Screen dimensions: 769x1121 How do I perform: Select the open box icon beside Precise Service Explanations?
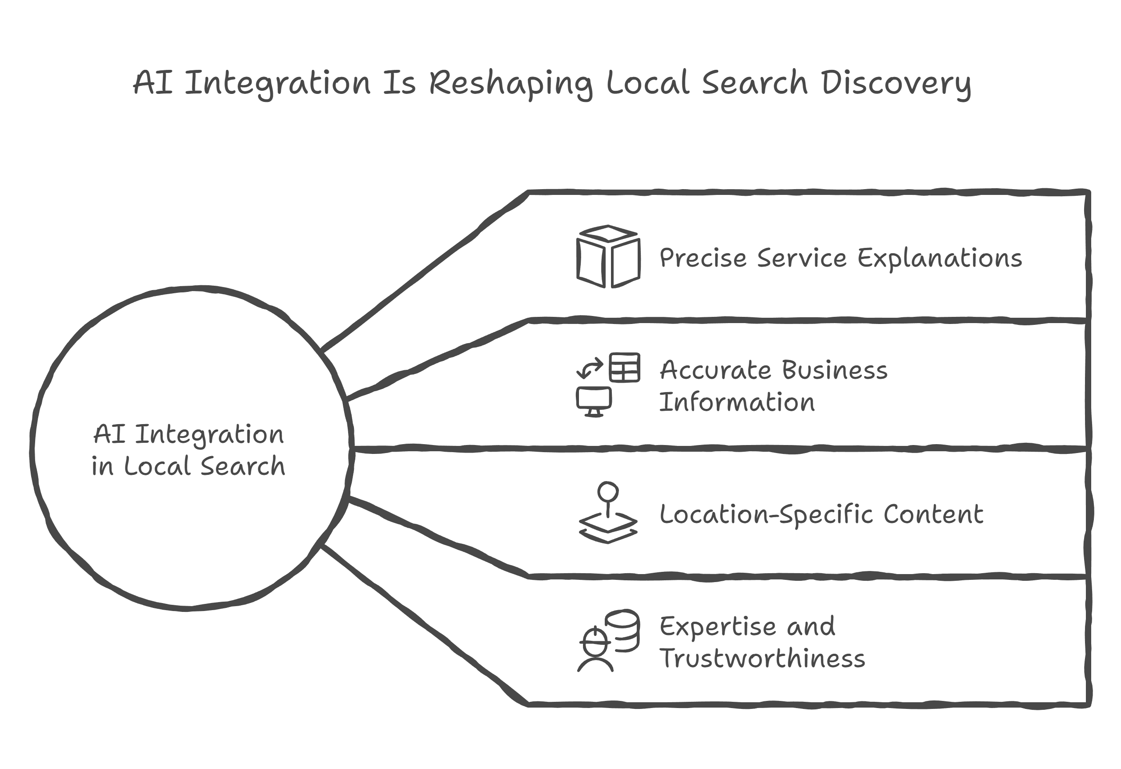[x=608, y=256]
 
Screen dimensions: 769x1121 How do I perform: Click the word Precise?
[x=703, y=258]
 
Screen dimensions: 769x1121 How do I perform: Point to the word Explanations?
[x=939, y=258]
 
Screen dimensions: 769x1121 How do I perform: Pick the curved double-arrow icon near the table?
[x=590, y=368]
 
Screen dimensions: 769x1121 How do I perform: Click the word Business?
[x=835, y=371]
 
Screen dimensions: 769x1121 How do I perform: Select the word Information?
[x=736, y=403]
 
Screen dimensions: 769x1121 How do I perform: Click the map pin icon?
[x=608, y=512]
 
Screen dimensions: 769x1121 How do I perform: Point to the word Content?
[x=933, y=514]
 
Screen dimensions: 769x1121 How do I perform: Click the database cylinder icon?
[x=623, y=631]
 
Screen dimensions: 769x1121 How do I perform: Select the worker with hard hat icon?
[x=595, y=649]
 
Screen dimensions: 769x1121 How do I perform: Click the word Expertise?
[x=717, y=627]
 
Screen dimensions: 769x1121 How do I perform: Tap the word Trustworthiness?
[x=762, y=659]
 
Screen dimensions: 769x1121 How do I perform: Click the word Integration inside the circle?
[x=209, y=435]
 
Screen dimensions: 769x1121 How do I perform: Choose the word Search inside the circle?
[x=243, y=466]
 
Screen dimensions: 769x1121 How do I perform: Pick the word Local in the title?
[x=647, y=83]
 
